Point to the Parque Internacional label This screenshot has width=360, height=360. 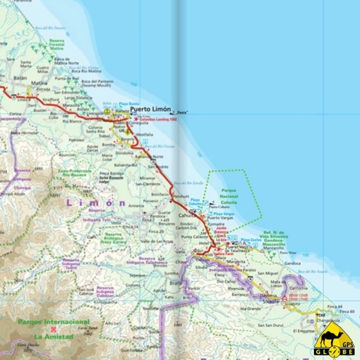53,323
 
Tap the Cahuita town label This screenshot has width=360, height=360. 187,216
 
